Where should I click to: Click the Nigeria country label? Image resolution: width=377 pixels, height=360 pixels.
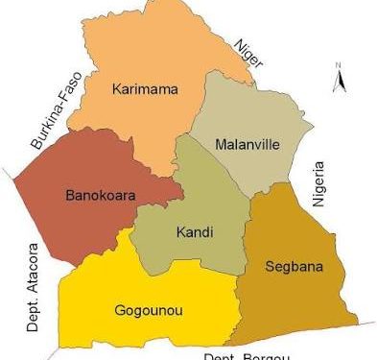click(321, 184)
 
